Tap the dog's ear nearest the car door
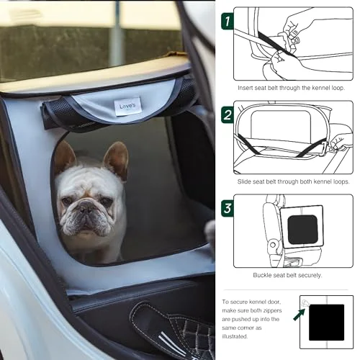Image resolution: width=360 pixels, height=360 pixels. pyautogui.click(x=64, y=156)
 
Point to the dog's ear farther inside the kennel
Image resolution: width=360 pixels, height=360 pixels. pyautogui.click(x=117, y=159)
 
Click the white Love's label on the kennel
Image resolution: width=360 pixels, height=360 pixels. pyautogui.click(x=127, y=107)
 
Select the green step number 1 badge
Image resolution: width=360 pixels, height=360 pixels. pyautogui.click(x=227, y=22)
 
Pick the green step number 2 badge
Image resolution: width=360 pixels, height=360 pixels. pyautogui.click(x=227, y=114)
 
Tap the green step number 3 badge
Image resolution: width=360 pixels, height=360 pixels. pyautogui.click(x=227, y=208)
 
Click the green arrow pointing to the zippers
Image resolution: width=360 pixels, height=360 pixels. pyautogui.click(x=300, y=315)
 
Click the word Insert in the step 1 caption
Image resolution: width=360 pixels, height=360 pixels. pyautogui.click(x=245, y=88)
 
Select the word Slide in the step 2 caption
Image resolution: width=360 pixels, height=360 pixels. pyautogui.click(x=244, y=181)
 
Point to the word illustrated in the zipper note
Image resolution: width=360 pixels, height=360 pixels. pyautogui.click(x=235, y=336)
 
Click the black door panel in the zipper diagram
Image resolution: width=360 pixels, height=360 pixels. pyautogui.click(x=326, y=323)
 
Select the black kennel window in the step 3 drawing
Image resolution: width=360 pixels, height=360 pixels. pyautogui.click(x=302, y=230)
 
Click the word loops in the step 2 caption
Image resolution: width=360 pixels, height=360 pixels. pyautogui.click(x=341, y=181)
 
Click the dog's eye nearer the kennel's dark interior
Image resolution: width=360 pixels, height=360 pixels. pyautogui.click(x=104, y=200)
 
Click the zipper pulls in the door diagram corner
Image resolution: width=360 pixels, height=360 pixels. pyautogui.click(x=305, y=303)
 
